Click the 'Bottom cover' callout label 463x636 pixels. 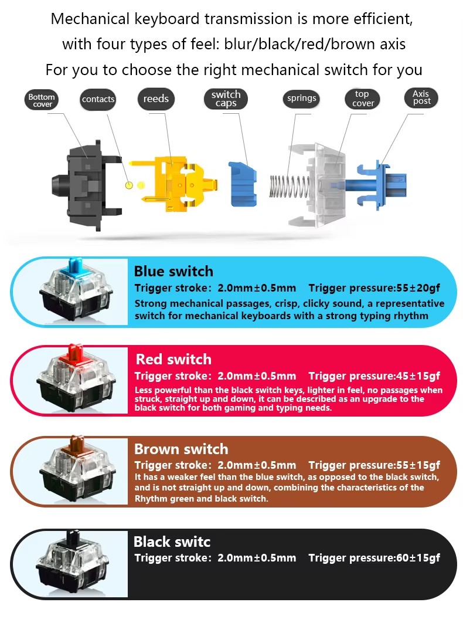coord(42,100)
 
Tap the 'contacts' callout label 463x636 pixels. coord(98,99)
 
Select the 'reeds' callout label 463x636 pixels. coord(156,99)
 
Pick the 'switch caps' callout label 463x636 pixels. coord(226,99)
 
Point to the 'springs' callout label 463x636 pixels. coord(301,98)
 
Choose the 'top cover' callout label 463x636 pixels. coord(362,99)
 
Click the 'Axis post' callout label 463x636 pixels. coord(421,98)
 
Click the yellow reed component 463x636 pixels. coord(174,186)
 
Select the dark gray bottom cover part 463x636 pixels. coord(87,186)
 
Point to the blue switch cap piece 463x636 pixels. coord(242,184)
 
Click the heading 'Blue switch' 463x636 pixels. coord(173,271)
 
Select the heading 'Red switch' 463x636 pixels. coord(173,359)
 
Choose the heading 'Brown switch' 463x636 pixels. coord(181,449)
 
